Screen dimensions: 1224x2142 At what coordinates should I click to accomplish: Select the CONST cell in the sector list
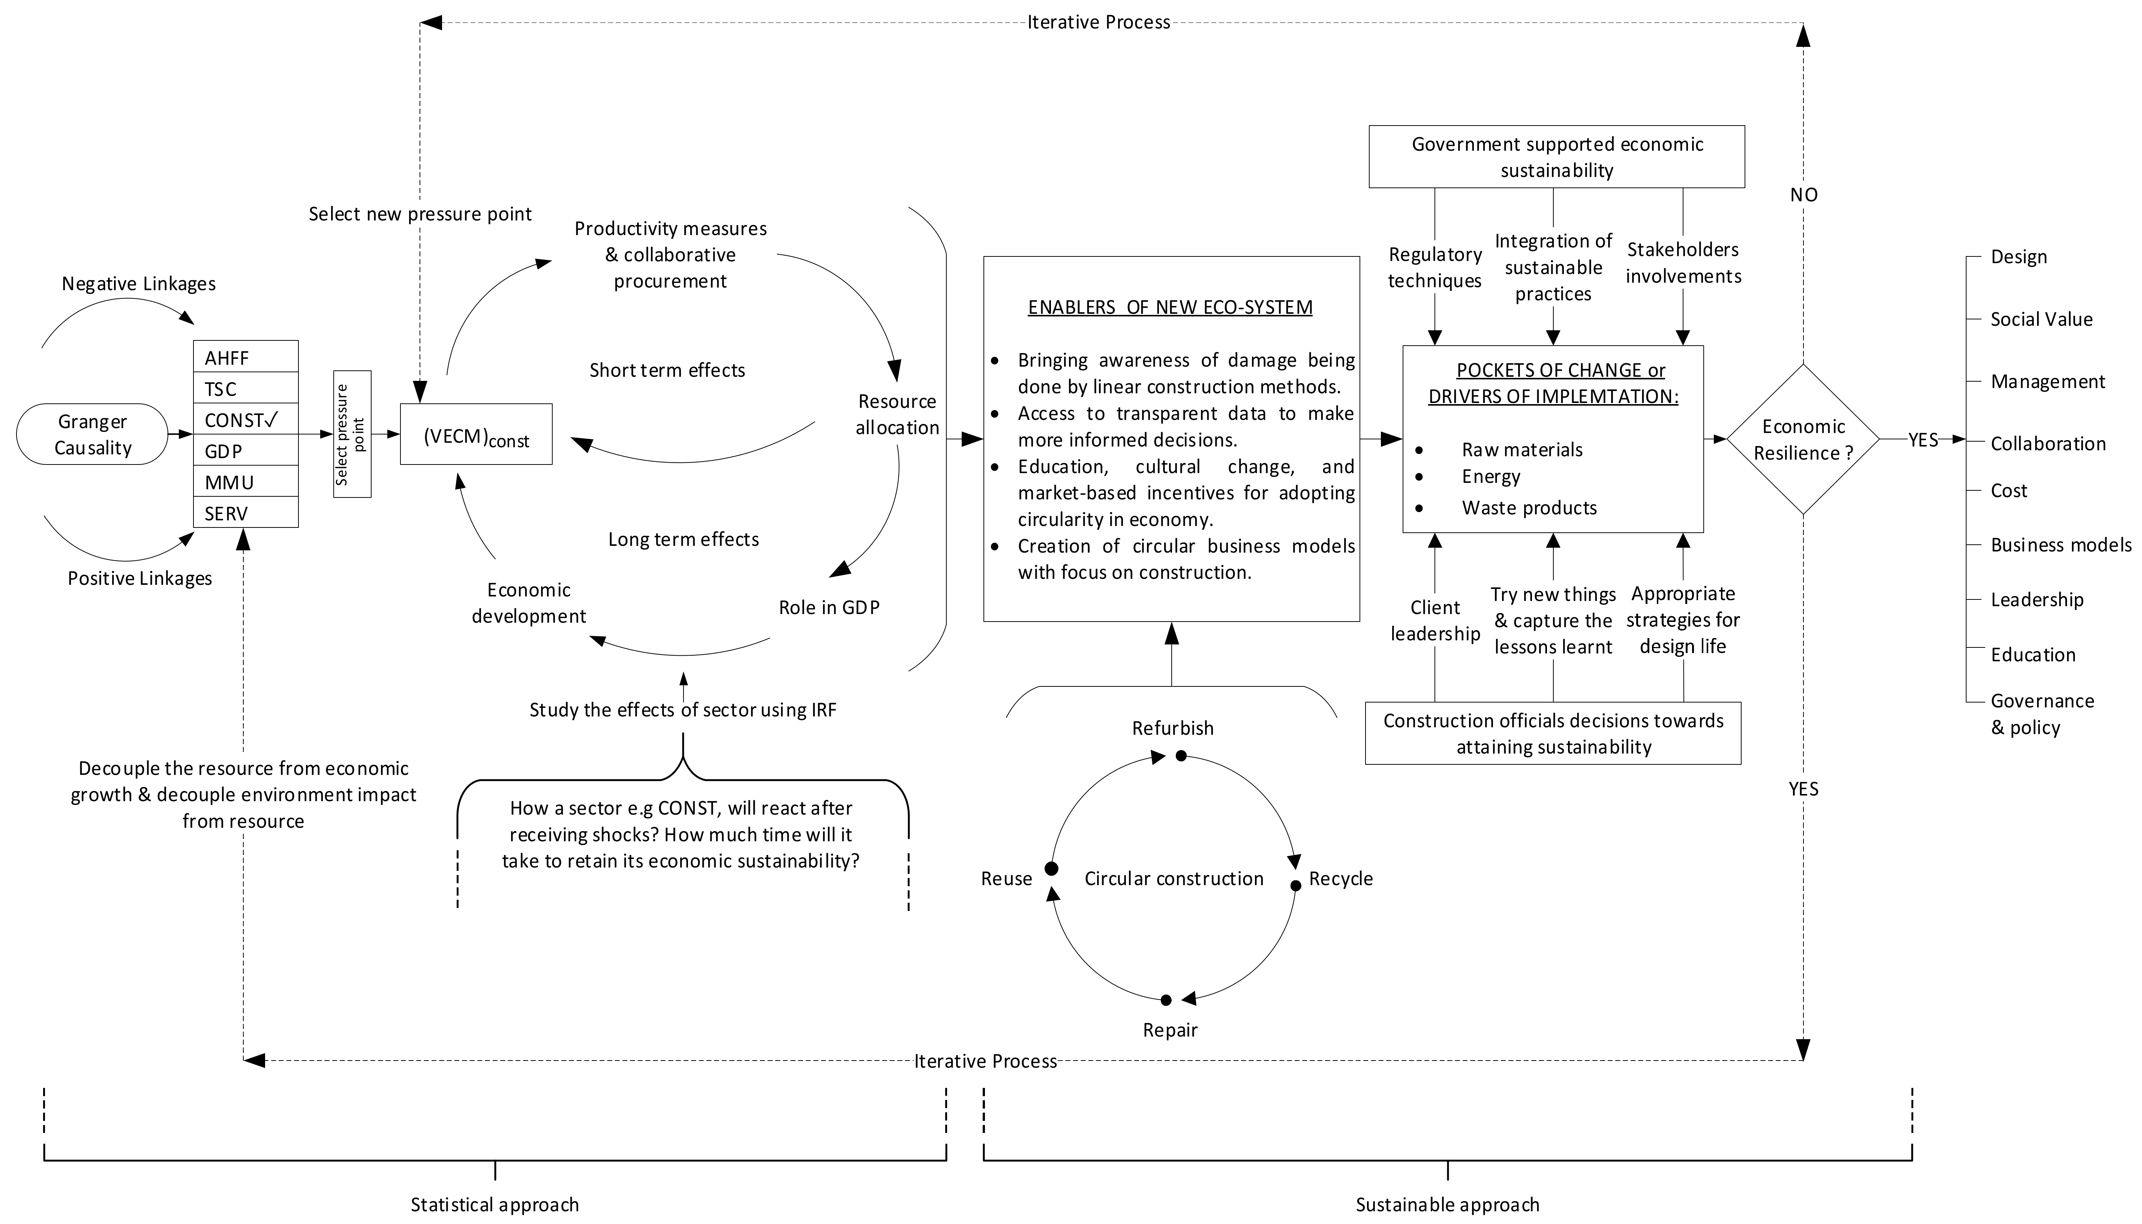[x=246, y=419]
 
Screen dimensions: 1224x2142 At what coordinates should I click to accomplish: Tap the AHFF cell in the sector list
[x=246, y=357]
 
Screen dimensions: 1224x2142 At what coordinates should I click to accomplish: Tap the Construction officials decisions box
[x=1553, y=733]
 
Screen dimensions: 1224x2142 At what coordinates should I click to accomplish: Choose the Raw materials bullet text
[x=1521, y=450]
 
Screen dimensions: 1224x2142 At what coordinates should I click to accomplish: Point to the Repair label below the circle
[x=1169, y=1030]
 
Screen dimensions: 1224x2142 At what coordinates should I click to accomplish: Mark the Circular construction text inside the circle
[x=1174, y=878]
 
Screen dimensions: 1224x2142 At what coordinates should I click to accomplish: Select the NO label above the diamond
[x=1803, y=195]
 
